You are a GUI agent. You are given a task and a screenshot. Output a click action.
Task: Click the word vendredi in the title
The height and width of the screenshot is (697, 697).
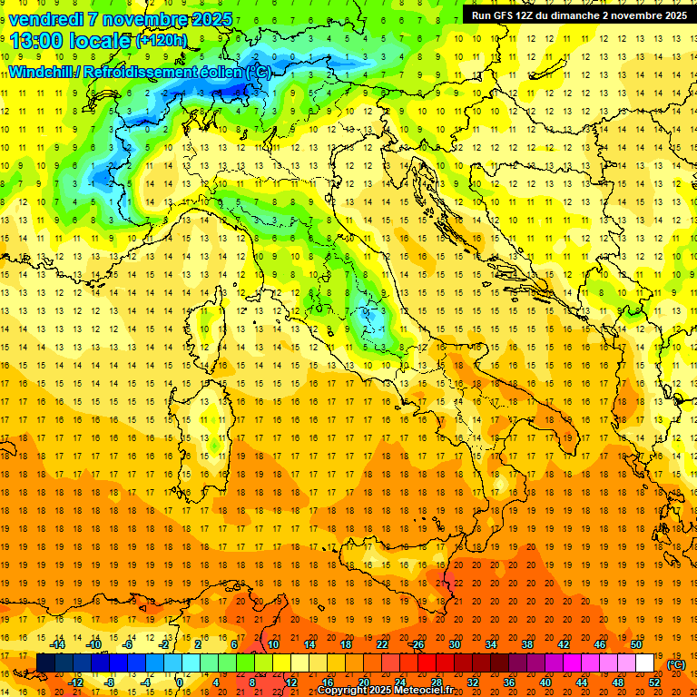(x=46, y=18)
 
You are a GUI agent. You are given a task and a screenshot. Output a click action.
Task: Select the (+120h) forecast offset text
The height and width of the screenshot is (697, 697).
(x=162, y=41)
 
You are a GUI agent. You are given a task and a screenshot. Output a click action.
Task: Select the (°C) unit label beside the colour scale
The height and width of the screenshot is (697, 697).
(x=676, y=664)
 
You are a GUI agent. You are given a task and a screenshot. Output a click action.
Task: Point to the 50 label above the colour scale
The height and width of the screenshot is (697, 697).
(x=636, y=644)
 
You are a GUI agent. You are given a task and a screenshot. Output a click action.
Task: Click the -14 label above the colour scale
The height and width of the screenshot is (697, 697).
(x=57, y=644)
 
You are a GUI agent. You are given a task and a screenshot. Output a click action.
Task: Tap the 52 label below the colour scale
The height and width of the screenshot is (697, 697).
(x=654, y=682)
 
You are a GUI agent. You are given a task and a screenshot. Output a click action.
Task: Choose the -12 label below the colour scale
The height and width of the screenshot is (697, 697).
(x=75, y=682)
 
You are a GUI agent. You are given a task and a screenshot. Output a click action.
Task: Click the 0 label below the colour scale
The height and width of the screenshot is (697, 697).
(x=181, y=682)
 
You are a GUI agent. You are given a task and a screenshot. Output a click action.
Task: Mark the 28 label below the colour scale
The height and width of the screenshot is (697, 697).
(x=436, y=682)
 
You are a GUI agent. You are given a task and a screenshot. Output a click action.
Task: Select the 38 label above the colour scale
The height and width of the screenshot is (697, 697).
(x=527, y=644)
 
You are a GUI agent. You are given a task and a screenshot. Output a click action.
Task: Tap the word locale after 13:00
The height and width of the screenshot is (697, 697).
(x=99, y=40)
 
